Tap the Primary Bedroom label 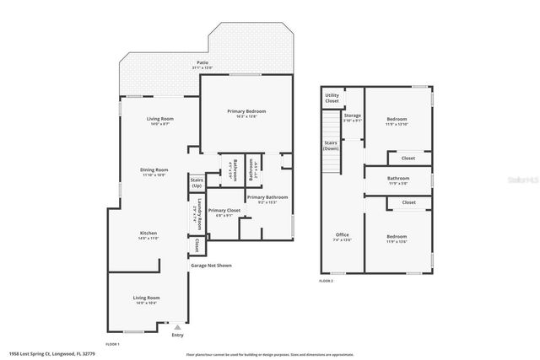(x=246, y=111)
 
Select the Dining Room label (x=154, y=170)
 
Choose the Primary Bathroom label (x=267, y=196)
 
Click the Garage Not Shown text (x=211, y=266)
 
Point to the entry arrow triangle (x=177, y=325)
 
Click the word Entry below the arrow (x=177, y=335)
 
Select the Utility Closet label (x=332, y=99)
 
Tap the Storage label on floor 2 (x=353, y=116)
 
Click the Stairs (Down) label (x=332, y=145)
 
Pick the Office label (x=342, y=234)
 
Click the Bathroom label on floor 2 (x=397, y=178)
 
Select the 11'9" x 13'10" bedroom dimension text (x=397, y=124)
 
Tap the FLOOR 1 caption (x=112, y=344)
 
